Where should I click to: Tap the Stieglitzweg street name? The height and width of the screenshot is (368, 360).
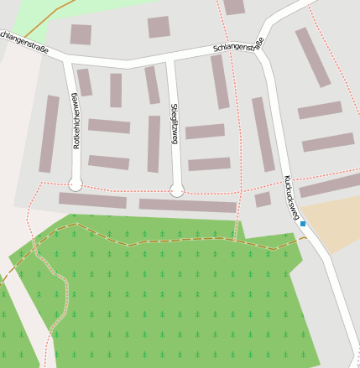click(175, 124)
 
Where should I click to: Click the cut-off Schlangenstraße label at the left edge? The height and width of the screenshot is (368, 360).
click(23, 42)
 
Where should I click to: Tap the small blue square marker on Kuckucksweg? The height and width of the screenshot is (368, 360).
click(303, 224)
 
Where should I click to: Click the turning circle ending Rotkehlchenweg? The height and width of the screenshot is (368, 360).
click(76, 184)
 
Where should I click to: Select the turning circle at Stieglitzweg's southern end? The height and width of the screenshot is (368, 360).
click(177, 190)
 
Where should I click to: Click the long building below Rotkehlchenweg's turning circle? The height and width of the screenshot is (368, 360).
click(92, 201)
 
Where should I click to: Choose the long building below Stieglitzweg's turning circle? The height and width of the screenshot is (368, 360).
click(187, 205)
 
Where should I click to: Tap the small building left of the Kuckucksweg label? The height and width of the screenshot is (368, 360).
click(263, 200)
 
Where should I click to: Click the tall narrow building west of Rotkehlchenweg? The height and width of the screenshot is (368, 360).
click(50, 134)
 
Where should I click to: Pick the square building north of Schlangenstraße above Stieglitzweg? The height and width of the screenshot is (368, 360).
click(159, 27)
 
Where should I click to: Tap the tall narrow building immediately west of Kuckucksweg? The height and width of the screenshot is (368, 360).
click(263, 134)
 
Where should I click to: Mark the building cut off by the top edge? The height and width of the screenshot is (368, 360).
click(234, 7)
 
